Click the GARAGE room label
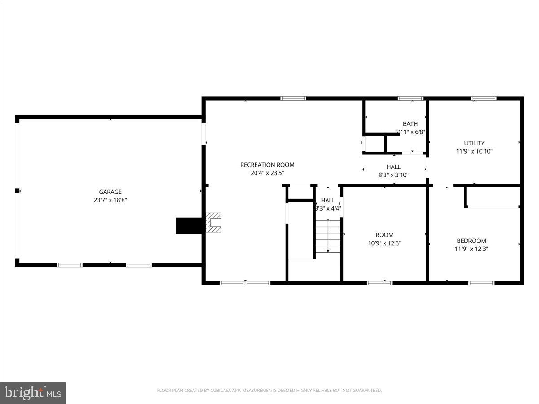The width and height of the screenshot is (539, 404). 110,192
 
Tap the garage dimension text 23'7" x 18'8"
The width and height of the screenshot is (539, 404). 110,201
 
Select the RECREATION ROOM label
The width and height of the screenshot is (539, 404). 267,165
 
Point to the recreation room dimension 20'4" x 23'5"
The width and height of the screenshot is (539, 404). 267,173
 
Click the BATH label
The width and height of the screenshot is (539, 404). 410,124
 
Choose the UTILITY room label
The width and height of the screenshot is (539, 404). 474,143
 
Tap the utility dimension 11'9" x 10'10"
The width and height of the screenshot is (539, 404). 474,152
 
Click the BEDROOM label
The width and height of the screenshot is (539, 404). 471,241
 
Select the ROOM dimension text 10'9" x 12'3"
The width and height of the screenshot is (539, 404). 384,243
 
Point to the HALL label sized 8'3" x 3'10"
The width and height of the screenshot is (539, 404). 393,167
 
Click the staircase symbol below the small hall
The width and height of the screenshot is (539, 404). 328,236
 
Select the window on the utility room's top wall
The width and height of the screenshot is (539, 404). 483,98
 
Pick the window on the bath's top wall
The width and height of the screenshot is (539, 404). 410,98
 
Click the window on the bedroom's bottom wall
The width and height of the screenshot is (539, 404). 481,283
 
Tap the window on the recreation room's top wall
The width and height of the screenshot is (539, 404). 293,98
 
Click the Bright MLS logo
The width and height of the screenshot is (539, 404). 33,393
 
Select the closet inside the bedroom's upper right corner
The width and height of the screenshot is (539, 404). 493,197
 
